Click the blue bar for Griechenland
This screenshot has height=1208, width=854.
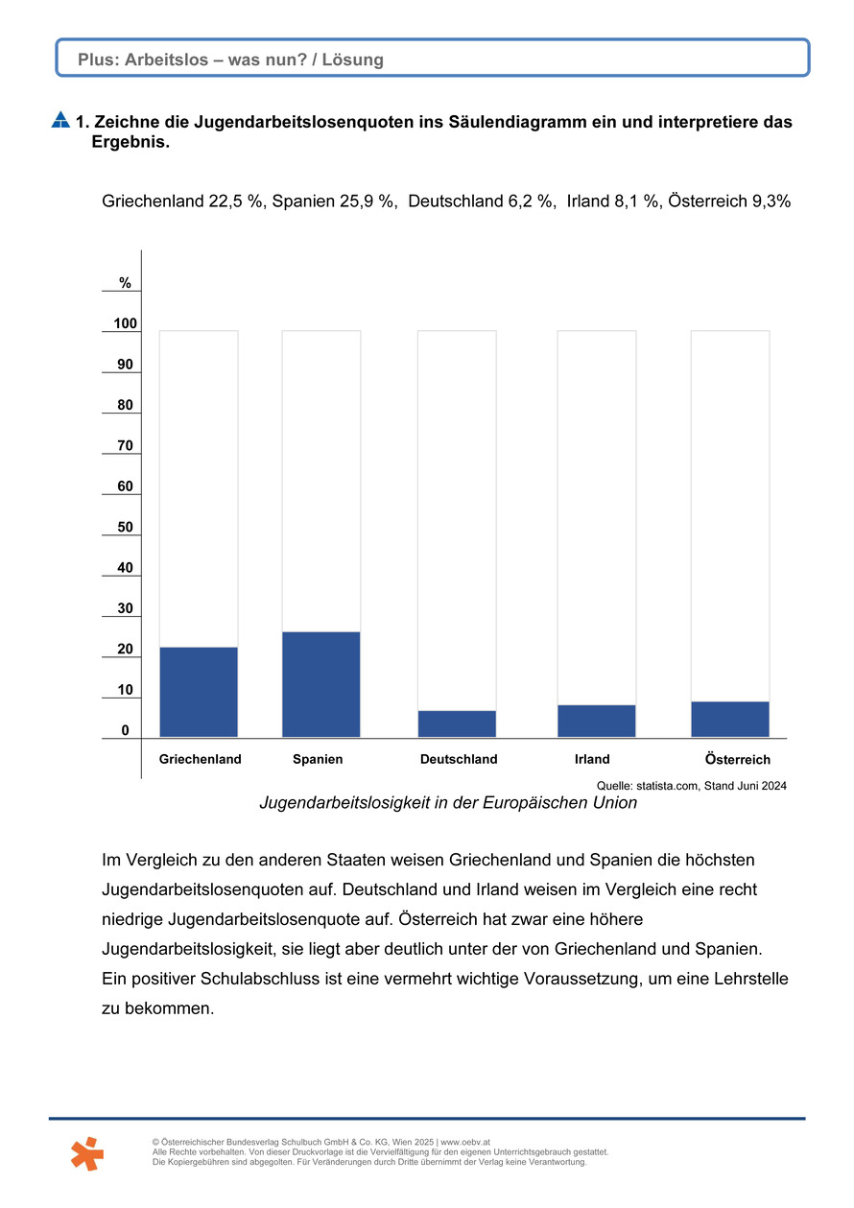point(199,692)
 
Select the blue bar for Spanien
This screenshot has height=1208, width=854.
point(321,684)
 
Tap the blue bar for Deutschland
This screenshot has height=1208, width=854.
point(457,723)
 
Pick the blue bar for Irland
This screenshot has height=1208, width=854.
point(596,721)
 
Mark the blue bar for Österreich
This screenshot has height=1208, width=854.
point(730,719)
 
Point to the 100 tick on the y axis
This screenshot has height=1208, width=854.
point(126,324)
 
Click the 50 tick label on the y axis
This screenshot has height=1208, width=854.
point(126,528)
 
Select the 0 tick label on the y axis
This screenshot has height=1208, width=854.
point(126,731)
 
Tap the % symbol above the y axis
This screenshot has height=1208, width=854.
point(126,283)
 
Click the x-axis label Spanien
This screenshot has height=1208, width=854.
point(318,759)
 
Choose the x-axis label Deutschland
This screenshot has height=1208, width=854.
point(459,759)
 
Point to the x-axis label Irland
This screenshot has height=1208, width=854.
point(592,759)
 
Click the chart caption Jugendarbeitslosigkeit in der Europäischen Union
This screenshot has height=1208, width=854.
point(448,803)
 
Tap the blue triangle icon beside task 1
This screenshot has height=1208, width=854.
point(60,121)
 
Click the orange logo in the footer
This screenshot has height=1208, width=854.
point(87,1152)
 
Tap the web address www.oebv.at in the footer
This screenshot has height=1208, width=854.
point(465,1142)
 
